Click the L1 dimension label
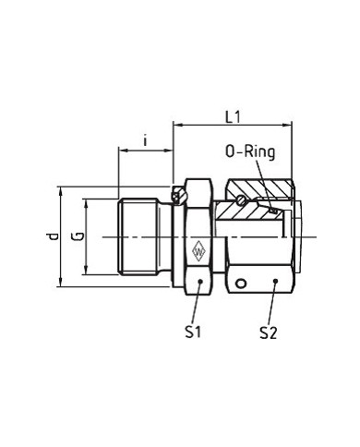pos(233,117)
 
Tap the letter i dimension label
pos(145,140)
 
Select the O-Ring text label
pos(250,152)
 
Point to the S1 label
pos(193,332)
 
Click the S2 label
pos(269,332)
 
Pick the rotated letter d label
pos(54,236)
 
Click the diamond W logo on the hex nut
pos(198,251)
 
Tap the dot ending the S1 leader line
pos(200,282)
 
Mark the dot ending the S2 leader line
pos(276,281)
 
